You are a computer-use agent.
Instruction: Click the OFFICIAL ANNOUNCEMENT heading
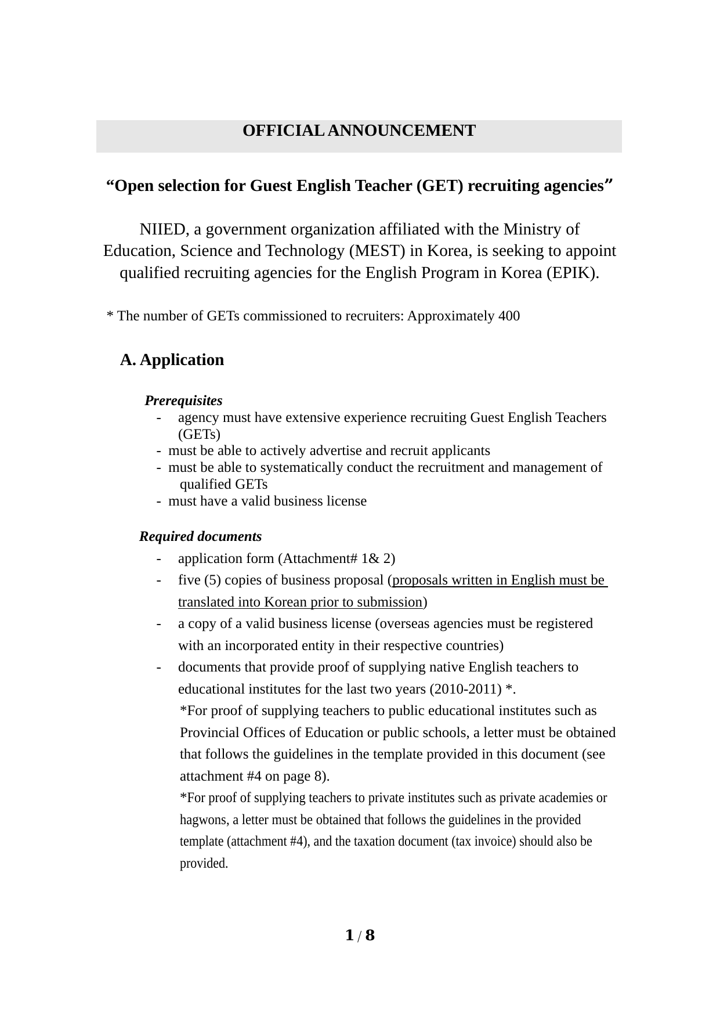pos(359,131)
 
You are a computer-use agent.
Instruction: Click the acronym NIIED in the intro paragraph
pos(163,230)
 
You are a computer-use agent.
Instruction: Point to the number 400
pos(509,316)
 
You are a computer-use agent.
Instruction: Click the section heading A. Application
pos(172,360)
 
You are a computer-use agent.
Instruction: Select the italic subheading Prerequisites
pos(183,401)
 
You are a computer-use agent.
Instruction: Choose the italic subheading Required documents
pos(200,536)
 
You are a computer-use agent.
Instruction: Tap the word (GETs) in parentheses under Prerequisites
pos(199,434)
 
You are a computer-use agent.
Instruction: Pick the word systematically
pos(301,468)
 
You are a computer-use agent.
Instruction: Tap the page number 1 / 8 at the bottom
pos(360,936)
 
